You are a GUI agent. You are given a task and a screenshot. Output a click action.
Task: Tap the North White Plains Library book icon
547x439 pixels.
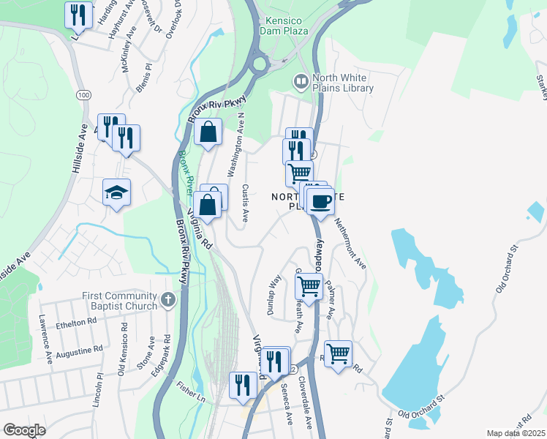coord(300,80)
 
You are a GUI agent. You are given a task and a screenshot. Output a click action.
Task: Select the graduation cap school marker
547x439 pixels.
coord(117,192)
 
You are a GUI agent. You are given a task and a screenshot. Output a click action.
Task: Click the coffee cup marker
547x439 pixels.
coord(320,201)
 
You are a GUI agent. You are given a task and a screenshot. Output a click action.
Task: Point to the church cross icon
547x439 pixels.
coord(168,299)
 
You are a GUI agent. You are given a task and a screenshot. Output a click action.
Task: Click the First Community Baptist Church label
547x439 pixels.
coord(119,301)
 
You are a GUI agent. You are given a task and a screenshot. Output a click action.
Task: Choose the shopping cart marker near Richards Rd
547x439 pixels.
coord(338,355)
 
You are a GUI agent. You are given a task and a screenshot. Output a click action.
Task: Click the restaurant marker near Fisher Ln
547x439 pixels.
coord(243,385)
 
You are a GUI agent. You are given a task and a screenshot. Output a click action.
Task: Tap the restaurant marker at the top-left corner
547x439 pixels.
coord(79,15)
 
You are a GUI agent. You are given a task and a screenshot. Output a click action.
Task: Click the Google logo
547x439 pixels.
coord(24,430)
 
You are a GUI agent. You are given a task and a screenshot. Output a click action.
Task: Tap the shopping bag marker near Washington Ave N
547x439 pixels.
coord(208,133)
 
